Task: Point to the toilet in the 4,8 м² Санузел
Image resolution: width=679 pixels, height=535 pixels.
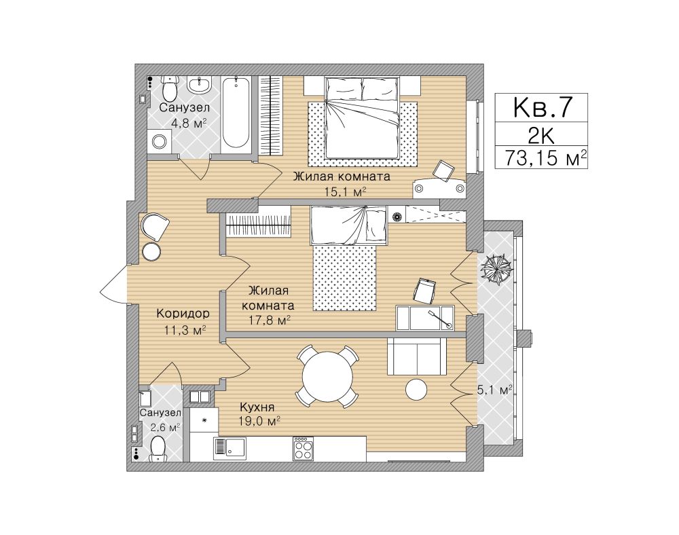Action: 170,88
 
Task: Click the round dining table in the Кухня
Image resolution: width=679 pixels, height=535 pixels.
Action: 327,376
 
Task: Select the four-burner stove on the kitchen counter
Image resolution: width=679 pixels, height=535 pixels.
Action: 304,449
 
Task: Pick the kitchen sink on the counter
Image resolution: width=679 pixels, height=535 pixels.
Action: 230,448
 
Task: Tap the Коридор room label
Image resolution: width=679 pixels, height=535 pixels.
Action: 183,313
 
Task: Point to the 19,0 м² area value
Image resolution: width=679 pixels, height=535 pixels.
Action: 259,420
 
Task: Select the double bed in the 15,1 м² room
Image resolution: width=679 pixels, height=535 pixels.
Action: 362,117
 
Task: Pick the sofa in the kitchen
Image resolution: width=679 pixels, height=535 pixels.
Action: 416,356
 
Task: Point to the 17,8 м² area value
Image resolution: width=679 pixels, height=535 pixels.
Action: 270,320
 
